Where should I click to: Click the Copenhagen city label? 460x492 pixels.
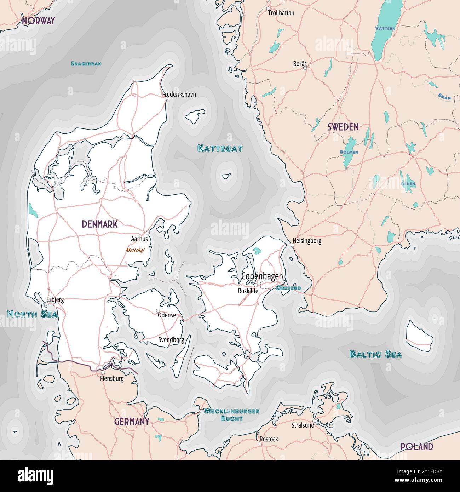point(262,276)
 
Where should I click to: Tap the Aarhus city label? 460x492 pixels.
point(139,239)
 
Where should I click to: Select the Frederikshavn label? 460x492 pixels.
point(179,94)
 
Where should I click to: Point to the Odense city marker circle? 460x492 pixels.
point(158,310)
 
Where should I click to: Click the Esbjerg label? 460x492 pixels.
point(55,300)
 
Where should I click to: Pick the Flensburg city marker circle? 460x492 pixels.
point(103,373)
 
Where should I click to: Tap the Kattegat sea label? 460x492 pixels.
point(220,148)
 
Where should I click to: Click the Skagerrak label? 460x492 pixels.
point(86,64)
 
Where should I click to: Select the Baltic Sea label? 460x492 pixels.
point(375,354)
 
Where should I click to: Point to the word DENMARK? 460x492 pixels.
point(99,224)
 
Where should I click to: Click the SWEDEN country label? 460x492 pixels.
point(343,127)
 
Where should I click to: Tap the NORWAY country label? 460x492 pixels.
point(38,21)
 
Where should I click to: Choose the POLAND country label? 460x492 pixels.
point(416,447)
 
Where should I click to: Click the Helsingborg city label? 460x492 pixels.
point(307,241)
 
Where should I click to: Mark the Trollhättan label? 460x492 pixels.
point(281,13)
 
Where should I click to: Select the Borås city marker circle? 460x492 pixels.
point(305,68)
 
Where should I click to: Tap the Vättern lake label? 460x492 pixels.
point(385,28)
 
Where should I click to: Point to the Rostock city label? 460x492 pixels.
point(269,439)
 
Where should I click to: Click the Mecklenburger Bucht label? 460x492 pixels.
point(232,414)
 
